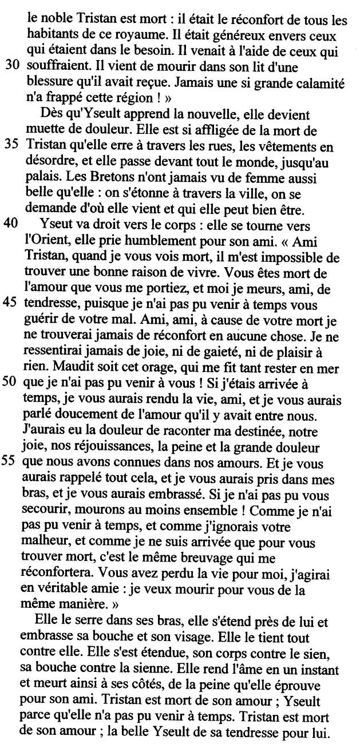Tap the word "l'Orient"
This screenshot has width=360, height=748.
point(49,242)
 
